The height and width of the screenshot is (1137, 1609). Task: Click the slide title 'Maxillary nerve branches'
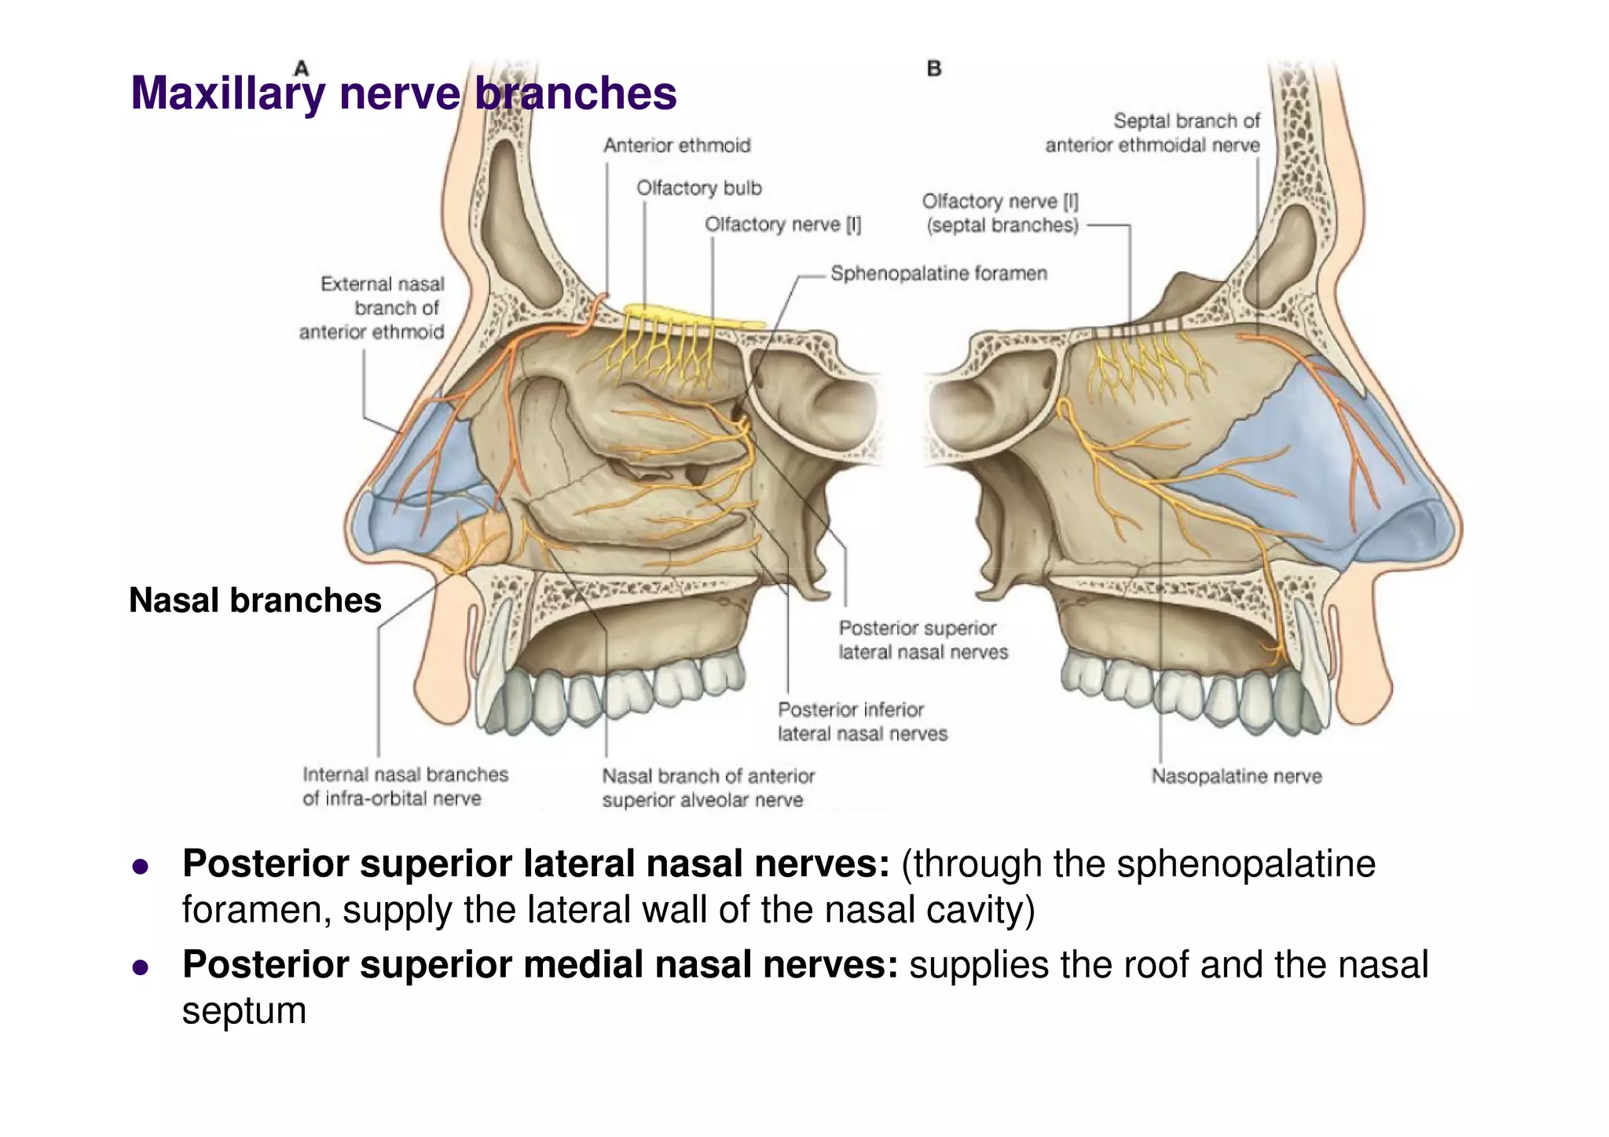pyautogui.click(x=403, y=94)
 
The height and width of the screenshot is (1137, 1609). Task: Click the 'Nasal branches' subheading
pyautogui.click(x=255, y=600)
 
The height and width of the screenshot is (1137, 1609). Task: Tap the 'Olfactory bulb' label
pyautogui.click(x=698, y=189)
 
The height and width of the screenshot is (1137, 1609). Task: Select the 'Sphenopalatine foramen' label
pyautogui.click(x=938, y=273)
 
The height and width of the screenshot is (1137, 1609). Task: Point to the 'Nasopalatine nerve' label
pyautogui.click(x=1236, y=776)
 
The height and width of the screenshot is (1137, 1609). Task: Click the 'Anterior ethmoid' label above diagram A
pyautogui.click(x=676, y=145)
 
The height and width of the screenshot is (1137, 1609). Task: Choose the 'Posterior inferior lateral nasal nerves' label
pyautogui.click(x=862, y=721)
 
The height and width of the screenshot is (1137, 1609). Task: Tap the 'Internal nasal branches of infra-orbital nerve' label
pyautogui.click(x=405, y=787)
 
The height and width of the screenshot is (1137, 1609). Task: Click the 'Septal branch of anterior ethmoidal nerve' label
pyautogui.click(x=1153, y=133)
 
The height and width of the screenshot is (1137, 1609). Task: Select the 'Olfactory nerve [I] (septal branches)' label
pyautogui.click(x=1000, y=213)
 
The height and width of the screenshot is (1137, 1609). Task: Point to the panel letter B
pyautogui.click(x=933, y=68)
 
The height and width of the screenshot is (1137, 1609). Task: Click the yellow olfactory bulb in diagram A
pyautogui.click(x=691, y=315)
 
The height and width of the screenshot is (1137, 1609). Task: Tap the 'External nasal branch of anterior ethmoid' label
pyautogui.click(x=372, y=308)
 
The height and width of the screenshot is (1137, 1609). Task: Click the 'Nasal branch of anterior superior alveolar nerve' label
pyautogui.click(x=707, y=788)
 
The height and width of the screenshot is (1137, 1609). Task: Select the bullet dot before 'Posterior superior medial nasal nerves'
pyautogui.click(x=141, y=966)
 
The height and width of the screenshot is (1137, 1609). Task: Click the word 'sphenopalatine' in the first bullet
pyautogui.click(x=1245, y=864)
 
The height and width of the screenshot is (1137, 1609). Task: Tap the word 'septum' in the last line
pyautogui.click(x=244, y=1010)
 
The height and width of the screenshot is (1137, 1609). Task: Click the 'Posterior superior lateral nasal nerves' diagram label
pyautogui.click(x=922, y=640)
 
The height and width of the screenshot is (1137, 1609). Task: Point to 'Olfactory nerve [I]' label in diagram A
pyautogui.click(x=783, y=225)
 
